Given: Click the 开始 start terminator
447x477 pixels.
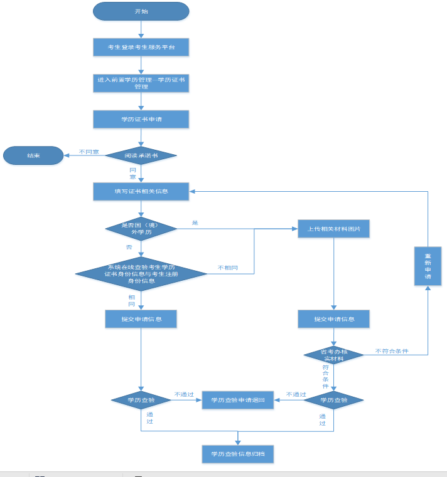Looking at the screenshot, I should click(141, 11).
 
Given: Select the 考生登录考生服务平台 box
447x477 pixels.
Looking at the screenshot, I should click(141, 47).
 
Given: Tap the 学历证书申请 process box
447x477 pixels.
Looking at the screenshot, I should click(141, 119).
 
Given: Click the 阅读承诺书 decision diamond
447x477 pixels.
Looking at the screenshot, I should click(141, 155).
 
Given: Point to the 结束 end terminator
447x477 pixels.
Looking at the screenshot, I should click(33, 155).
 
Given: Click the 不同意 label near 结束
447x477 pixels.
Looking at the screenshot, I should click(89, 152).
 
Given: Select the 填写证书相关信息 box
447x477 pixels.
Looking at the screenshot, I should click(141, 191).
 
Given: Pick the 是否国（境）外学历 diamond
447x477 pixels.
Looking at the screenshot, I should click(141, 228).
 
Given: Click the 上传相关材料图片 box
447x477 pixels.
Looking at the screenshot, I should click(333, 229).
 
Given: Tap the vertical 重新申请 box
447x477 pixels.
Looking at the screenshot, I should click(428, 266).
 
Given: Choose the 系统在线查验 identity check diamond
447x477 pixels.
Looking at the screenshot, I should click(141, 273).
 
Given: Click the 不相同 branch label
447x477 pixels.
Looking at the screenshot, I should click(227, 268).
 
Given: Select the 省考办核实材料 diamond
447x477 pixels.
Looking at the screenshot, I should click(333, 355).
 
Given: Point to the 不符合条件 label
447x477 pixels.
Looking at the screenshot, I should click(392, 351).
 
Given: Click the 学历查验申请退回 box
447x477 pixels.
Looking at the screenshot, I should click(238, 400).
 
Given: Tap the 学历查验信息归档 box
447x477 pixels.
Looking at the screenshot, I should click(238, 454).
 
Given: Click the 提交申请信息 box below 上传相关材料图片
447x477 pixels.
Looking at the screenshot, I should click(333, 319).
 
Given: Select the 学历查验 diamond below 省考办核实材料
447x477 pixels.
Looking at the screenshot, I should click(333, 400).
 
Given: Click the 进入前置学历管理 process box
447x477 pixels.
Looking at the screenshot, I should click(141, 83).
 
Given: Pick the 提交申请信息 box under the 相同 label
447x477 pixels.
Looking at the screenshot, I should click(141, 319).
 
